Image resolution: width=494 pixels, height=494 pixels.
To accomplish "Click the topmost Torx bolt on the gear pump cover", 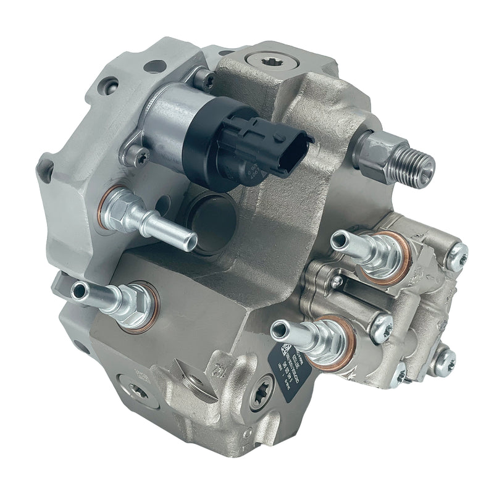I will click(456, 256).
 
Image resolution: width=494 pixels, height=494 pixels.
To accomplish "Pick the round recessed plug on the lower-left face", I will click(135, 390).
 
